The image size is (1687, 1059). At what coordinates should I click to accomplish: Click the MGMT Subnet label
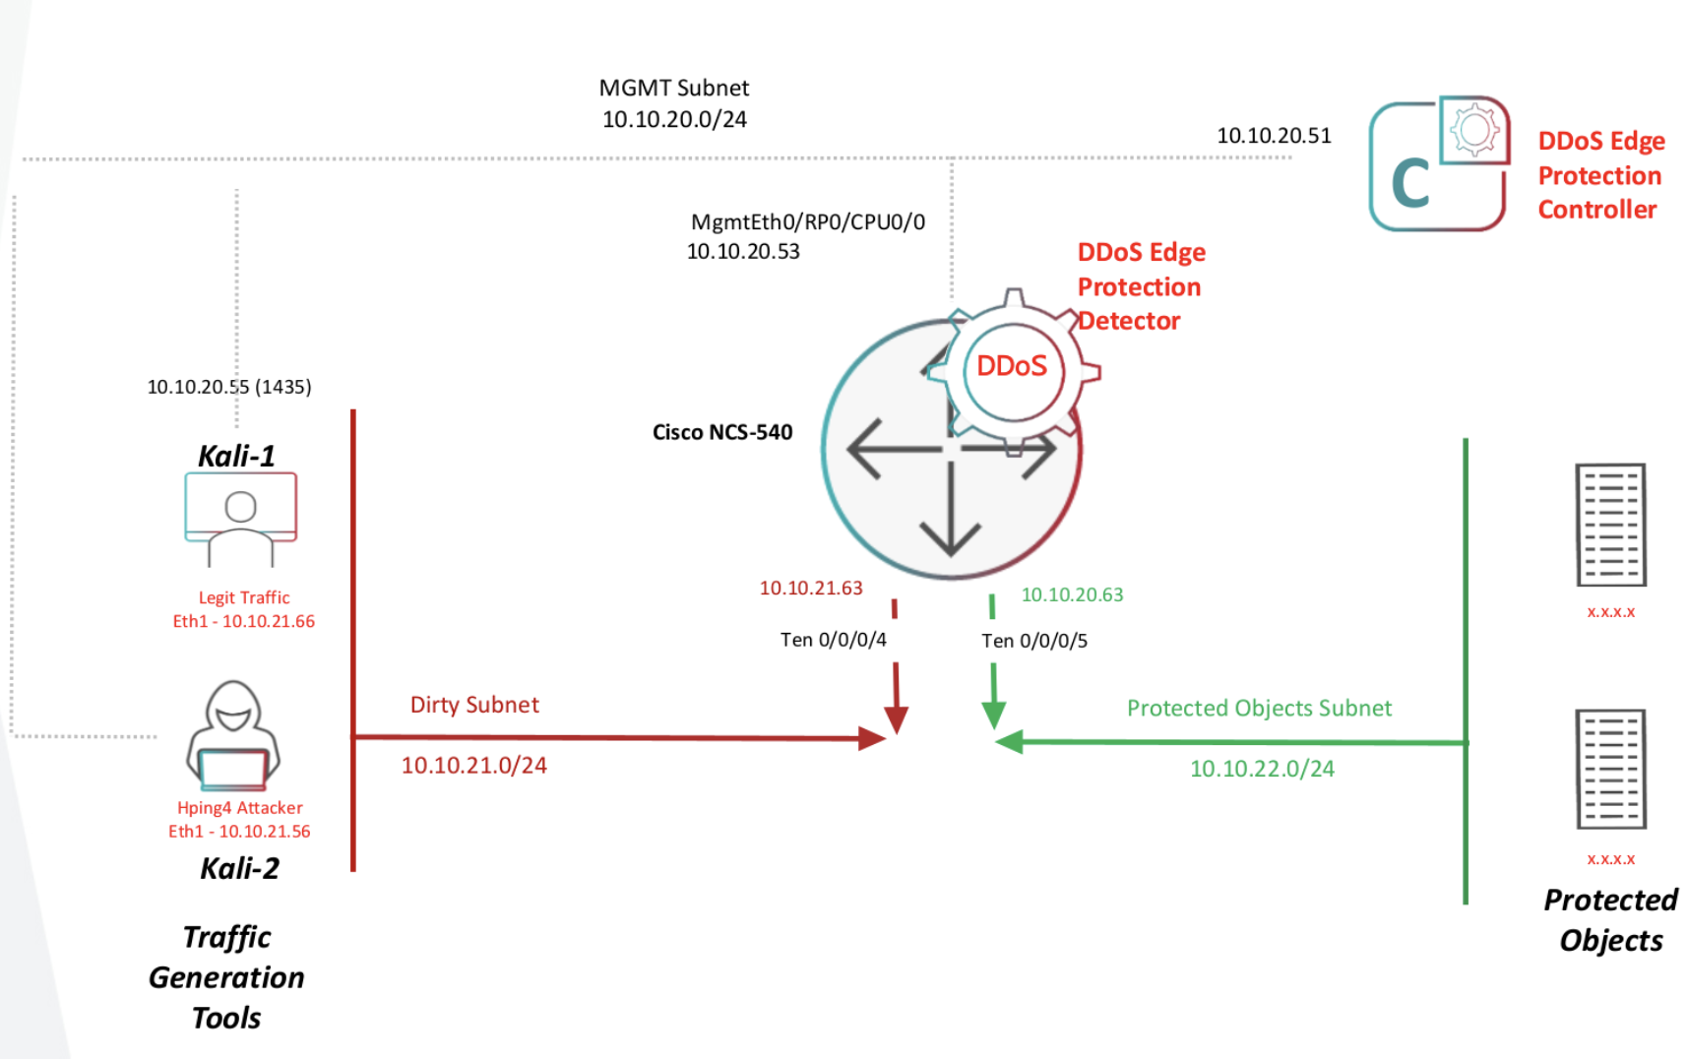point(674,89)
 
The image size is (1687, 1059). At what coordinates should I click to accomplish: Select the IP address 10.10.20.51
point(1274,136)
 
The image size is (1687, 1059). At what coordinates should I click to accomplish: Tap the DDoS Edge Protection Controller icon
point(1438,164)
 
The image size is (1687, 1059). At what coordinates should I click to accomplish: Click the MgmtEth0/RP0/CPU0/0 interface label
point(807,222)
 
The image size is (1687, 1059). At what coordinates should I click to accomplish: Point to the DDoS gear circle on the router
point(1012,367)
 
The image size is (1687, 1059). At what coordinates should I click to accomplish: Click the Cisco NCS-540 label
point(721,432)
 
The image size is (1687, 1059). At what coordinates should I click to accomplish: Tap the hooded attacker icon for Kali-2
point(233,735)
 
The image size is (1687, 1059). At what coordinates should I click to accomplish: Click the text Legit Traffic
point(244,597)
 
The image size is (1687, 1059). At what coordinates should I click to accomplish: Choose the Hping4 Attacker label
point(239,808)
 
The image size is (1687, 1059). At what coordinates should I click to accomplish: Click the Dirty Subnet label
point(474,705)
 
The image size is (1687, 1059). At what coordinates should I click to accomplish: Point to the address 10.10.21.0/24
point(473,766)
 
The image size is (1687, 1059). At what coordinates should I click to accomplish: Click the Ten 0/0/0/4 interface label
point(833,640)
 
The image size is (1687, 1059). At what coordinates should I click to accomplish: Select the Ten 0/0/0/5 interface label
point(1033,641)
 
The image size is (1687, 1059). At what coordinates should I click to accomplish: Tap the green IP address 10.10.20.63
point(1072,594)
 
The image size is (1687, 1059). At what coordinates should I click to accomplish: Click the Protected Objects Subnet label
point(1259,709)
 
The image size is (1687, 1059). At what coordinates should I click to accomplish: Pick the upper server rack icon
point(1610,525)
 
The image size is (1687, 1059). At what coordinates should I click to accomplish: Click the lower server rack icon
point(1610,769)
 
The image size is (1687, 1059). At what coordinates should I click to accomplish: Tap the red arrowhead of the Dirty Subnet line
point(872,738)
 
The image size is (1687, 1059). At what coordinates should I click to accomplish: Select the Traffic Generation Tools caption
point(226,977)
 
